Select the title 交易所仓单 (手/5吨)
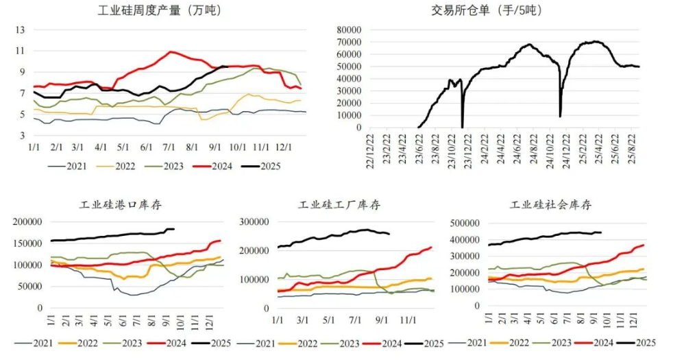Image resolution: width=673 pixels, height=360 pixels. [487, 10]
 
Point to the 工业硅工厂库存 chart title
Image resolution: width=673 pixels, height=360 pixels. [339, 204]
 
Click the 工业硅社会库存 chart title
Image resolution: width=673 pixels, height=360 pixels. [550, 204]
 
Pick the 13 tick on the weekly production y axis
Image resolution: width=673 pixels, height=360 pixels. [21, 30]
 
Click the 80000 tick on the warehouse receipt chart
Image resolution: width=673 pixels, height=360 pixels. [350, 30]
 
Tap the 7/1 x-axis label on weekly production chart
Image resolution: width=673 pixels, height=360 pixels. [168, 147]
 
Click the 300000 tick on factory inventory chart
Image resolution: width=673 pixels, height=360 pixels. [254, 222]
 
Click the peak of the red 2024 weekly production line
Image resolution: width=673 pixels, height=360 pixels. [171, 51]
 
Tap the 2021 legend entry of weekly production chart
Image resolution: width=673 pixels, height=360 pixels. [73, 166]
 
